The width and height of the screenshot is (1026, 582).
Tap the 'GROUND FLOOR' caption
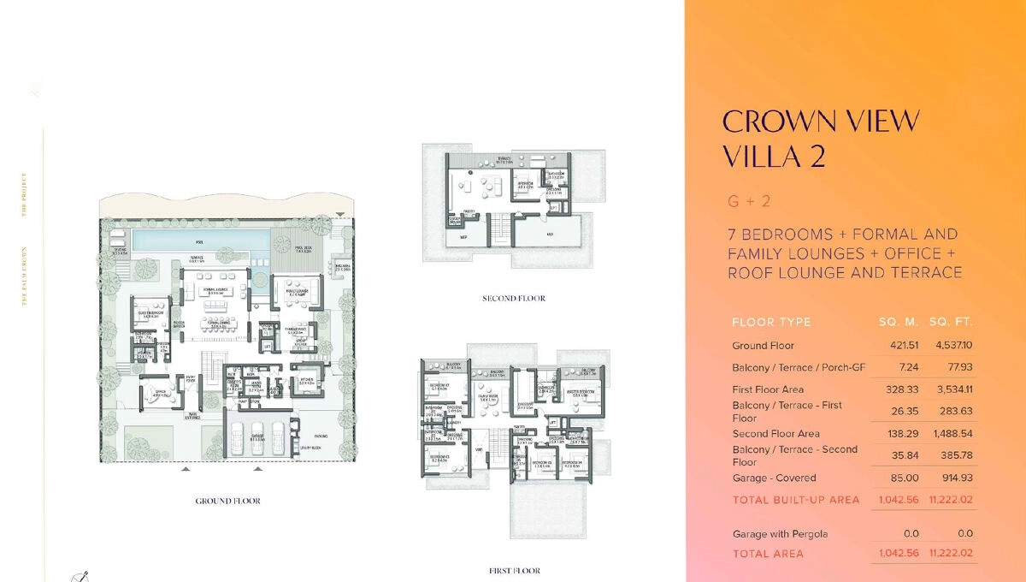click(227, 501)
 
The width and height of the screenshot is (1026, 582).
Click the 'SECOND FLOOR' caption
click(514, 299)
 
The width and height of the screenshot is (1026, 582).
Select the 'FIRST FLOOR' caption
click(514, 571)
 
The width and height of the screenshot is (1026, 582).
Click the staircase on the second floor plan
click(499, 229)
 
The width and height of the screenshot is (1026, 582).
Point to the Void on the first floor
click(479, 448)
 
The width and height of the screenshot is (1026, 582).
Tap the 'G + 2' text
click(749, 202)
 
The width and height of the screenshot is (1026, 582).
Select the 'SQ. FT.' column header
click(951, 323)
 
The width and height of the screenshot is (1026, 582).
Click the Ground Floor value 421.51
click(899, 346)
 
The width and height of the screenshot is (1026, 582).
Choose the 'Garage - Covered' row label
click(774, 478)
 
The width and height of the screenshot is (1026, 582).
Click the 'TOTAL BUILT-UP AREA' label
click(795, 500)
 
